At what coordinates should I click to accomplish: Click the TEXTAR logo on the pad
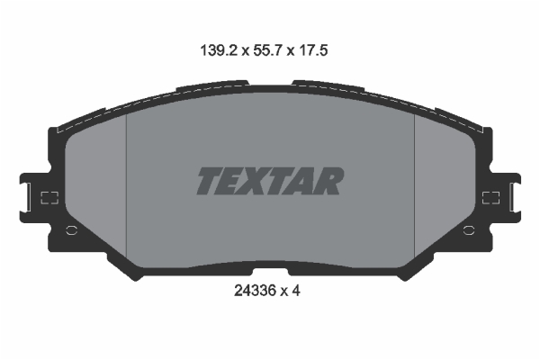[x=270, y=181]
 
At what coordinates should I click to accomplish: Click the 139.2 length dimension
[x=219, y=50]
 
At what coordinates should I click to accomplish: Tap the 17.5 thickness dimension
[x=313, y=50]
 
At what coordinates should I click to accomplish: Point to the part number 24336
[x=256, y=291]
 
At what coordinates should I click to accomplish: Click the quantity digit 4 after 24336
[x=296, y=291]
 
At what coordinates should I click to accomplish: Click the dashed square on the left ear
[x=49, y=198]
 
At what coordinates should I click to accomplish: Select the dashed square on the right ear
[x=490, y=198]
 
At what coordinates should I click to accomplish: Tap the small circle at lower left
[x=72, y=230]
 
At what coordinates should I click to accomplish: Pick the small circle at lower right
[x=468, y=230]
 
